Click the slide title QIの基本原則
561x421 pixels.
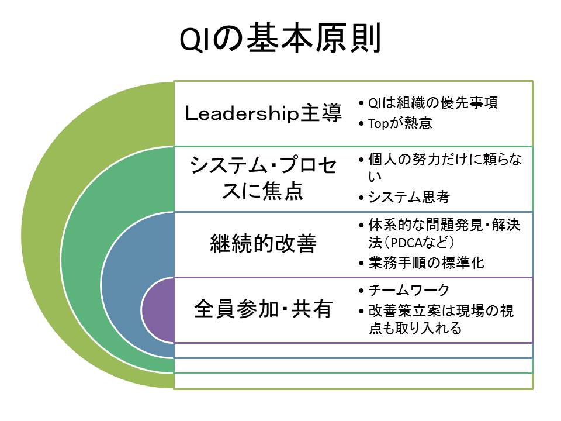(280, 40)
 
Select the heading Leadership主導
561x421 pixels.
(263, 113)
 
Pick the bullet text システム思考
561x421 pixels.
(408, 198)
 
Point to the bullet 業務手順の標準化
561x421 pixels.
(427, 263)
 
